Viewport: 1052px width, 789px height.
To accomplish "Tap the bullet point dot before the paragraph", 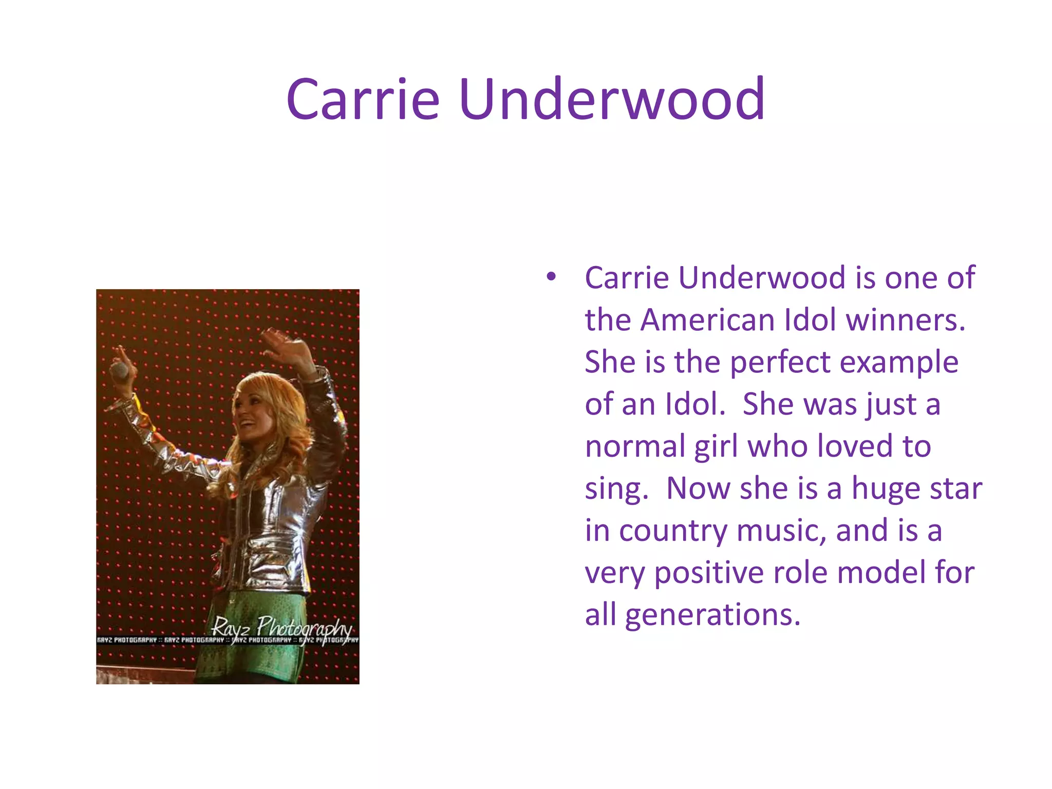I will coord(551,277).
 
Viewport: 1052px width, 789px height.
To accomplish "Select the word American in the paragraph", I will coord(708,320).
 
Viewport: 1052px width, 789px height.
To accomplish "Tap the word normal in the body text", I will coord(635,446).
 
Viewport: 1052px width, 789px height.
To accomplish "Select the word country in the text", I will coord(673,531).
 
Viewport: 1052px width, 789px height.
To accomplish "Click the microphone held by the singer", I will coord(119,371).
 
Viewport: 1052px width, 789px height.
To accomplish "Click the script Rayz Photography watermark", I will coord(282,627).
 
